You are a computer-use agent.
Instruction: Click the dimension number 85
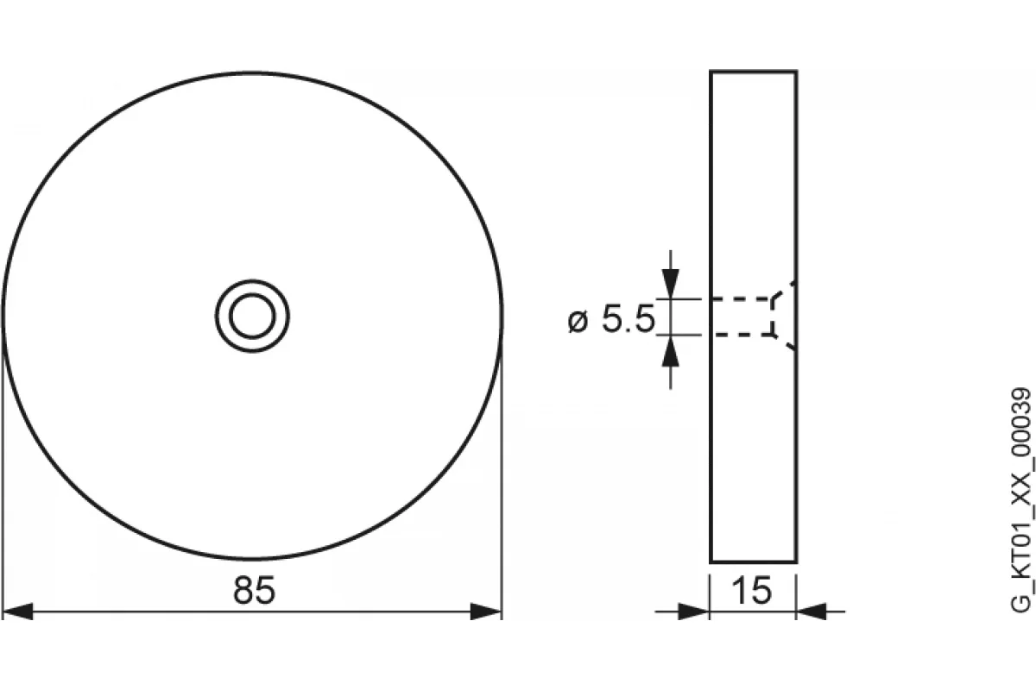pos(254,590)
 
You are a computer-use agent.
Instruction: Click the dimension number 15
pos(752,590)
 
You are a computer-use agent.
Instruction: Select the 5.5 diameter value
pos(629,318)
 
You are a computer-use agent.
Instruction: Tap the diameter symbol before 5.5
pos(578,321)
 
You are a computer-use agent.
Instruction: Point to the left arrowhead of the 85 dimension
pos(17,612)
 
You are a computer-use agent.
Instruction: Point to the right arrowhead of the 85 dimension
pos(486,612)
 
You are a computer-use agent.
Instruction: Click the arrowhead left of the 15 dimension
pos(693,612)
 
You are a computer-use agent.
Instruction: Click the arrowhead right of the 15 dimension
pos(812,612)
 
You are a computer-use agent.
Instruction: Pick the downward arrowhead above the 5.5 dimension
pos(671,284)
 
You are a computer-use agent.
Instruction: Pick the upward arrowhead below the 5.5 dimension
pos(671,350)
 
